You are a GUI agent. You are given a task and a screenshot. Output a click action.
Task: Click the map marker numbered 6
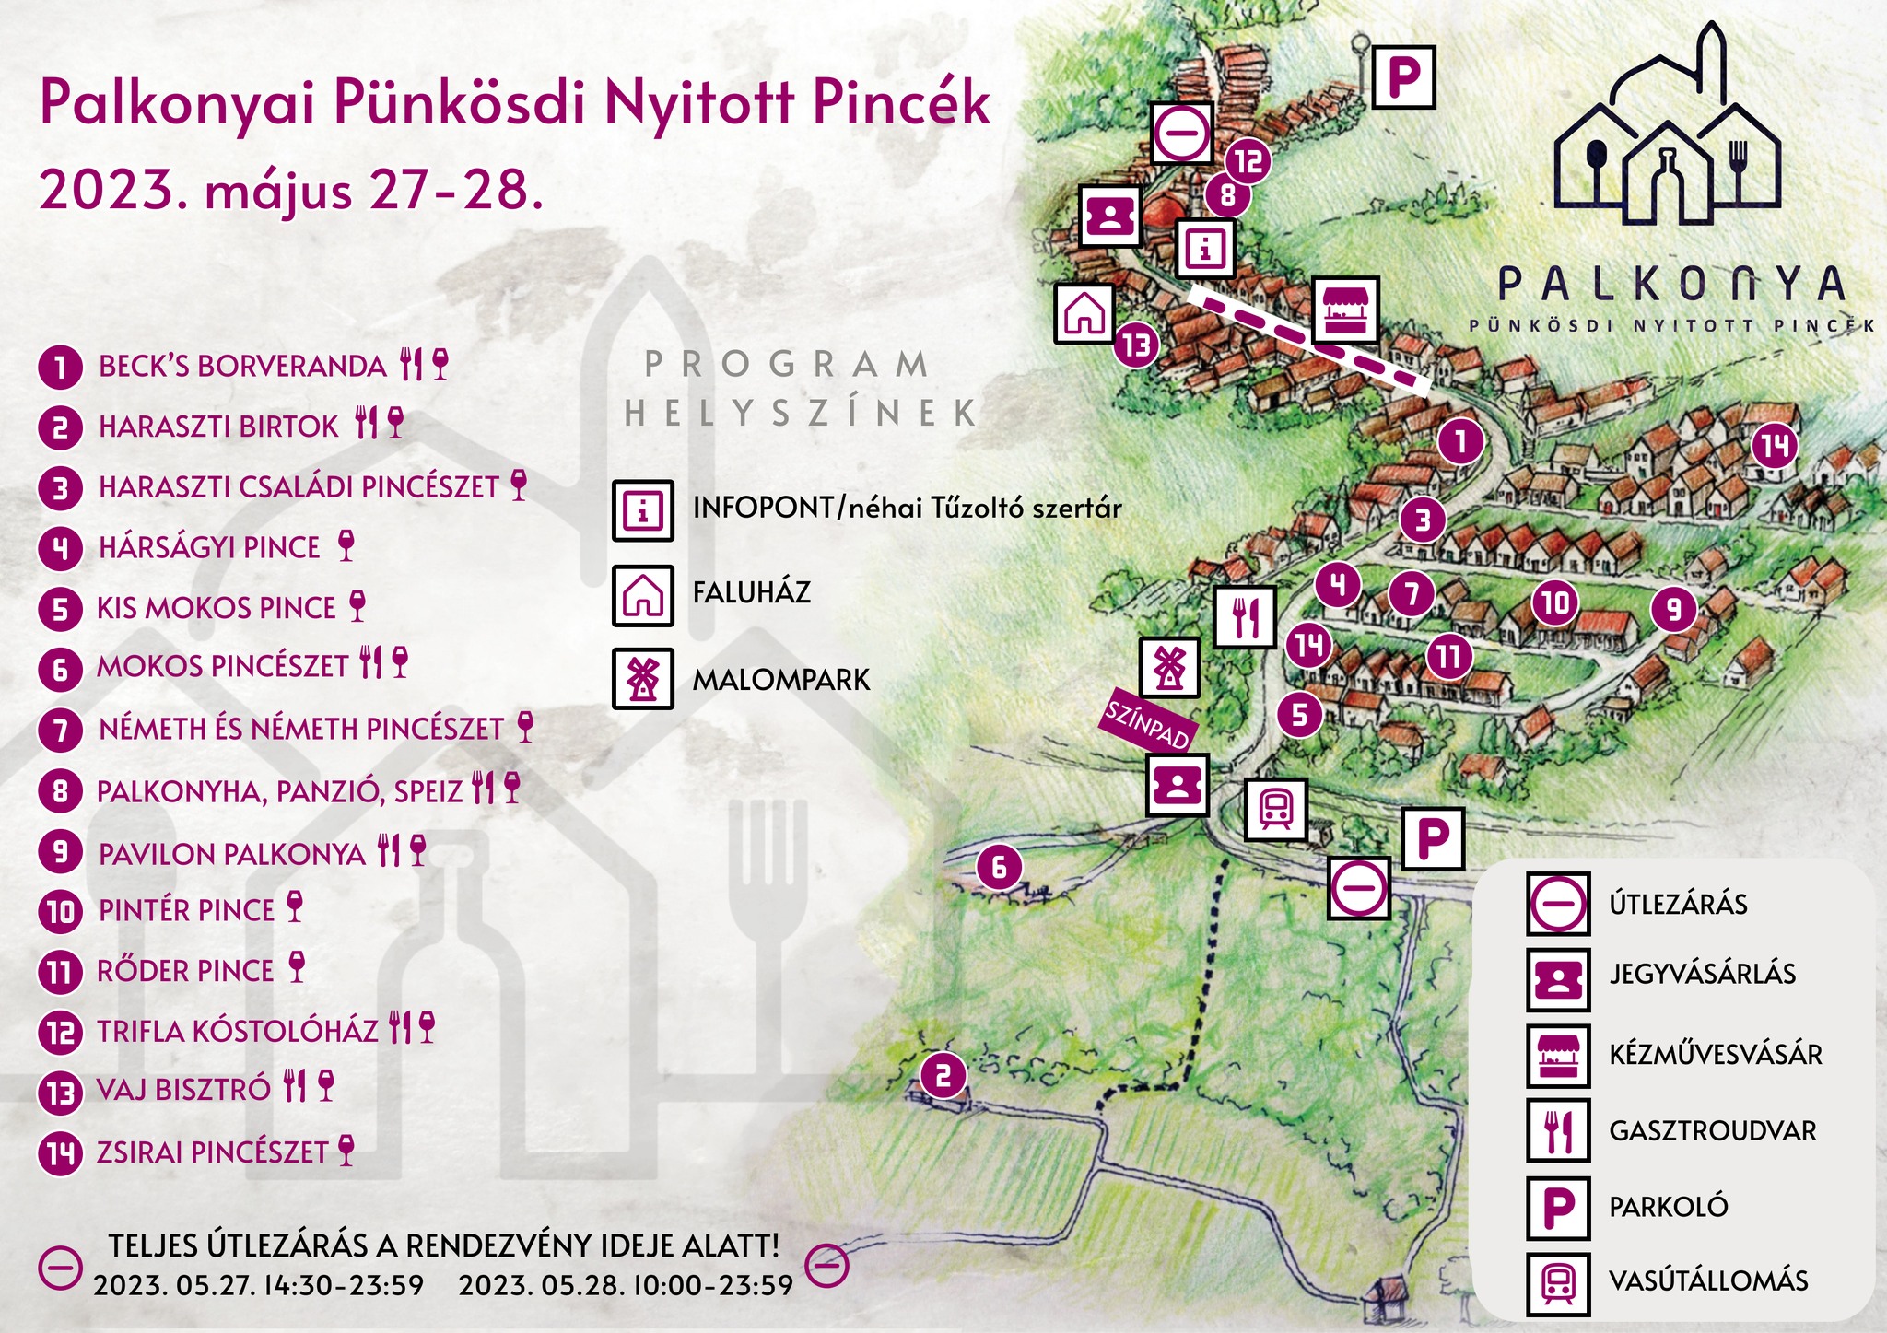click(999, 867)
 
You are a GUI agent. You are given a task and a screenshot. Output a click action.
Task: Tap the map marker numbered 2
click(943, 1076)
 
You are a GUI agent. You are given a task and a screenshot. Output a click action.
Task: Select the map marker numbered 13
click(1136, 345)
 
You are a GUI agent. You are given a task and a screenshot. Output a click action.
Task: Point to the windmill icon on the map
click(1169, 667)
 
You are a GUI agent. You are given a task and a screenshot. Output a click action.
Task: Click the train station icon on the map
click(1275, 810)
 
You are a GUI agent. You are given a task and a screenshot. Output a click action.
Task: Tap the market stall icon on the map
click(1345, 310)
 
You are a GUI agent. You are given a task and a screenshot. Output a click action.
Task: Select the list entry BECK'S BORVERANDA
click(242, 366)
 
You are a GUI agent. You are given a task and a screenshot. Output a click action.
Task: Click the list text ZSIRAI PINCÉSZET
click(212, 1152)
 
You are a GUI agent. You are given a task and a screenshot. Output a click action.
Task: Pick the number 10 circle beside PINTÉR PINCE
click(60, 911)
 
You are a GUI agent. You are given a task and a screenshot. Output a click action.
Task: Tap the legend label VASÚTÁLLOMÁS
click(1707, 1280)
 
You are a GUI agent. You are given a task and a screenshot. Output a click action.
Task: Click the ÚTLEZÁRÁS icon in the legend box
click(1557, 904)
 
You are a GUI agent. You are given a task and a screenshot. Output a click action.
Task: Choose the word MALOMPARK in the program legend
click(780, 680)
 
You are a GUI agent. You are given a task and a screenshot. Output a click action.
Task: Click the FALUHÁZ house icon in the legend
click(642, 595)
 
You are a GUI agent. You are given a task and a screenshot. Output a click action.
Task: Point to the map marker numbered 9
click(1673, 609)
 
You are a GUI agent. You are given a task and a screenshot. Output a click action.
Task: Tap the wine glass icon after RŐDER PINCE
click(296, 968)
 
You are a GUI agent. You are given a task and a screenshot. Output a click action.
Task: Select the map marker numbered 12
click(1248, 162)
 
